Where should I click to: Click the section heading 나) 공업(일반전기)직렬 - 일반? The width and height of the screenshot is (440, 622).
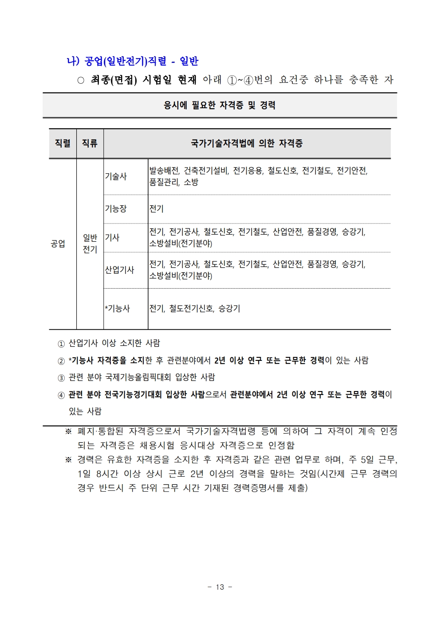(132, 61)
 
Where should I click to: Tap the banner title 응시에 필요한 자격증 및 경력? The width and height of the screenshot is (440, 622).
(220, 106)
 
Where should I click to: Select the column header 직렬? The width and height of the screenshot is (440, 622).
(63, 143)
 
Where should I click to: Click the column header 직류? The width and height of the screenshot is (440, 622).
(90, 143)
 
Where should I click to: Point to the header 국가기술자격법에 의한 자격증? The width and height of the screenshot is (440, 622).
(247, 143)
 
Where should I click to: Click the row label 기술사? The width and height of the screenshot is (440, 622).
(116, 176)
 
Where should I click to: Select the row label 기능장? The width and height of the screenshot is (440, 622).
(116, 208)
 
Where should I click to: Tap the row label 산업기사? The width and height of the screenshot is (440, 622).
(119, 270)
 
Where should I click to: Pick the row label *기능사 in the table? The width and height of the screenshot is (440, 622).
(118, 309)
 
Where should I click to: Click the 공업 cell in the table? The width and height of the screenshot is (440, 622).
(58, 244)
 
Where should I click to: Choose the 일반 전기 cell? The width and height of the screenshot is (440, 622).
(90, 244)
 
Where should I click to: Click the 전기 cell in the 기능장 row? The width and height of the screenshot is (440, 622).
(157, 208)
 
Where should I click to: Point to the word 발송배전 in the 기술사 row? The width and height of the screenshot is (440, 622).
(164, 171)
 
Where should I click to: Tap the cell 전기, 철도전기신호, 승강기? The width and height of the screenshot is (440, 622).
(195, 309)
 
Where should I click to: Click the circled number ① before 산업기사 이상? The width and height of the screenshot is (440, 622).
(61, 344)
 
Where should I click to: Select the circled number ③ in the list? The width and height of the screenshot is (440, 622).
(61, 378)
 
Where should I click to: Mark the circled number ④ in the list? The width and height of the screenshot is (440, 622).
(61, 395)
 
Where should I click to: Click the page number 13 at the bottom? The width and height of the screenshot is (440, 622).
(220, 587)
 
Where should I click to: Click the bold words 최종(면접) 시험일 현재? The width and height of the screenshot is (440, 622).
(143, 80)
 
